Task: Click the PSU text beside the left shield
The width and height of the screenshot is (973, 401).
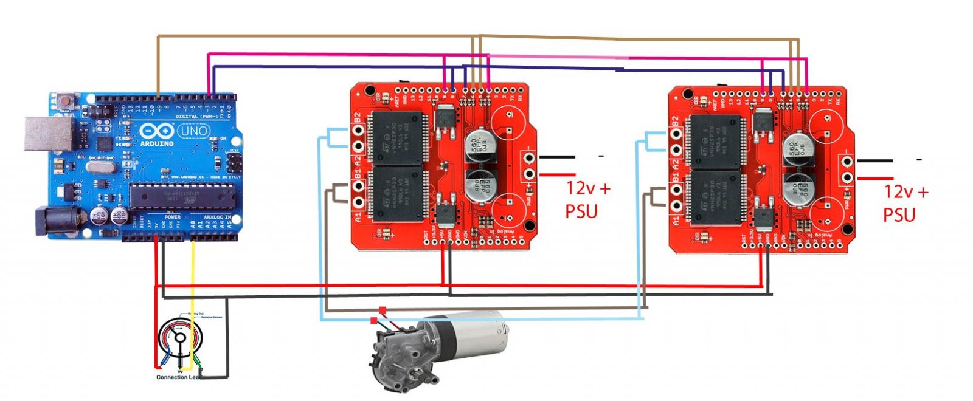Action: (x=581, y=211)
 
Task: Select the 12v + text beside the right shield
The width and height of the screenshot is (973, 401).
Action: (x=905, y=193)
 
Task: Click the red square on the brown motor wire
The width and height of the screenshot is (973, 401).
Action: (x=382, y=310)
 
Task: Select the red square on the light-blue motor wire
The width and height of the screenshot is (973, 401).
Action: (x=373, y=320)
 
